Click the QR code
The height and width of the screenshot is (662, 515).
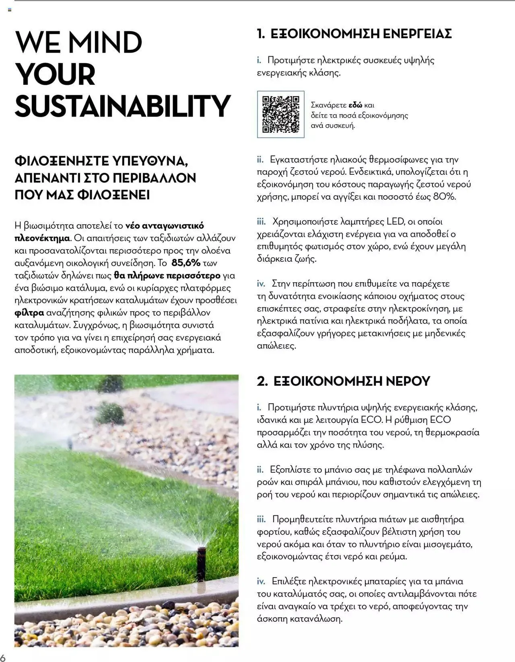point(280,115)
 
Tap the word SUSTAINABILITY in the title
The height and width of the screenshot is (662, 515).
point(123,106)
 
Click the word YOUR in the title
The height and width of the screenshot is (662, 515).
point(55,74)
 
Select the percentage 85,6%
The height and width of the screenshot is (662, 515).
point(186,263)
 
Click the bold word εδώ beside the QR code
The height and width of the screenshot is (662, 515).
point(355,105)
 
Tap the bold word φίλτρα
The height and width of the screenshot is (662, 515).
point(29,313)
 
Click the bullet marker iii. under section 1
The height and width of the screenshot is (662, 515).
point(261,221)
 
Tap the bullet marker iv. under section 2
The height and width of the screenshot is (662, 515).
point(261,581)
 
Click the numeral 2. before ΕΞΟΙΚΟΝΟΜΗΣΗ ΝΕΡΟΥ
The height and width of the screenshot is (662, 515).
point(262,381)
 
